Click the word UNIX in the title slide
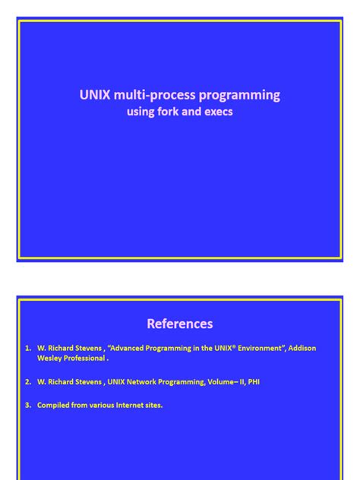pos(95,95)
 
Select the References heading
pos(180,324)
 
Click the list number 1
pos(27,349)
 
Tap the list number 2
pos(27,382)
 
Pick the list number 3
pos(27,406)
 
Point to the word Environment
pos(247,349)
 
